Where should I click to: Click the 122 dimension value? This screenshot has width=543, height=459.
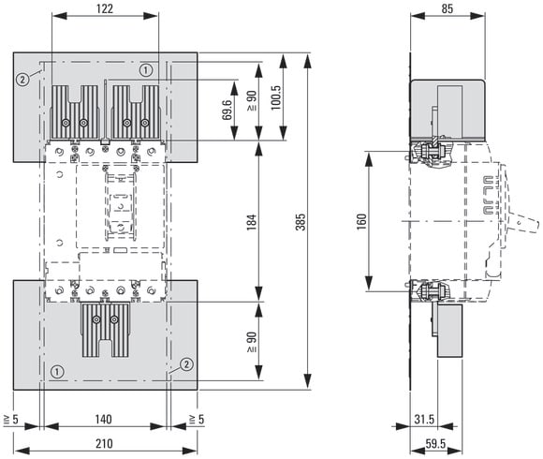pyautogui.click(x=105, y=8)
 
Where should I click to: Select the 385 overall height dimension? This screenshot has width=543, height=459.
pyautogui.click(x=301, y=222)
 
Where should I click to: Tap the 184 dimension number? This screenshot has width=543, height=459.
pyautogui.click(x=252, y=222)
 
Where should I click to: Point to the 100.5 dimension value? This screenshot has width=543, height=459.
pyautogui.click(x=276, y=97)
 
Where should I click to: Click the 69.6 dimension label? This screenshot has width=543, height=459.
pyautogui.click(x=227, y=110)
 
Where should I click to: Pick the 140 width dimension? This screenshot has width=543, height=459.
pyautogui.click(x=104, y=419)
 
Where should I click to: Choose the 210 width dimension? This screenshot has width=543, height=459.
pyautogui.click(x=104, y=443)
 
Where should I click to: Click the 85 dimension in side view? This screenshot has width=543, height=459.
pyautogui.click(x=448, y=8)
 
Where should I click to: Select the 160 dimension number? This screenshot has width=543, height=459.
pyautogui.click(x=361, y=222)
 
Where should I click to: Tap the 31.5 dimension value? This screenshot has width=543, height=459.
pyautogui.click(x=424, y=419)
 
